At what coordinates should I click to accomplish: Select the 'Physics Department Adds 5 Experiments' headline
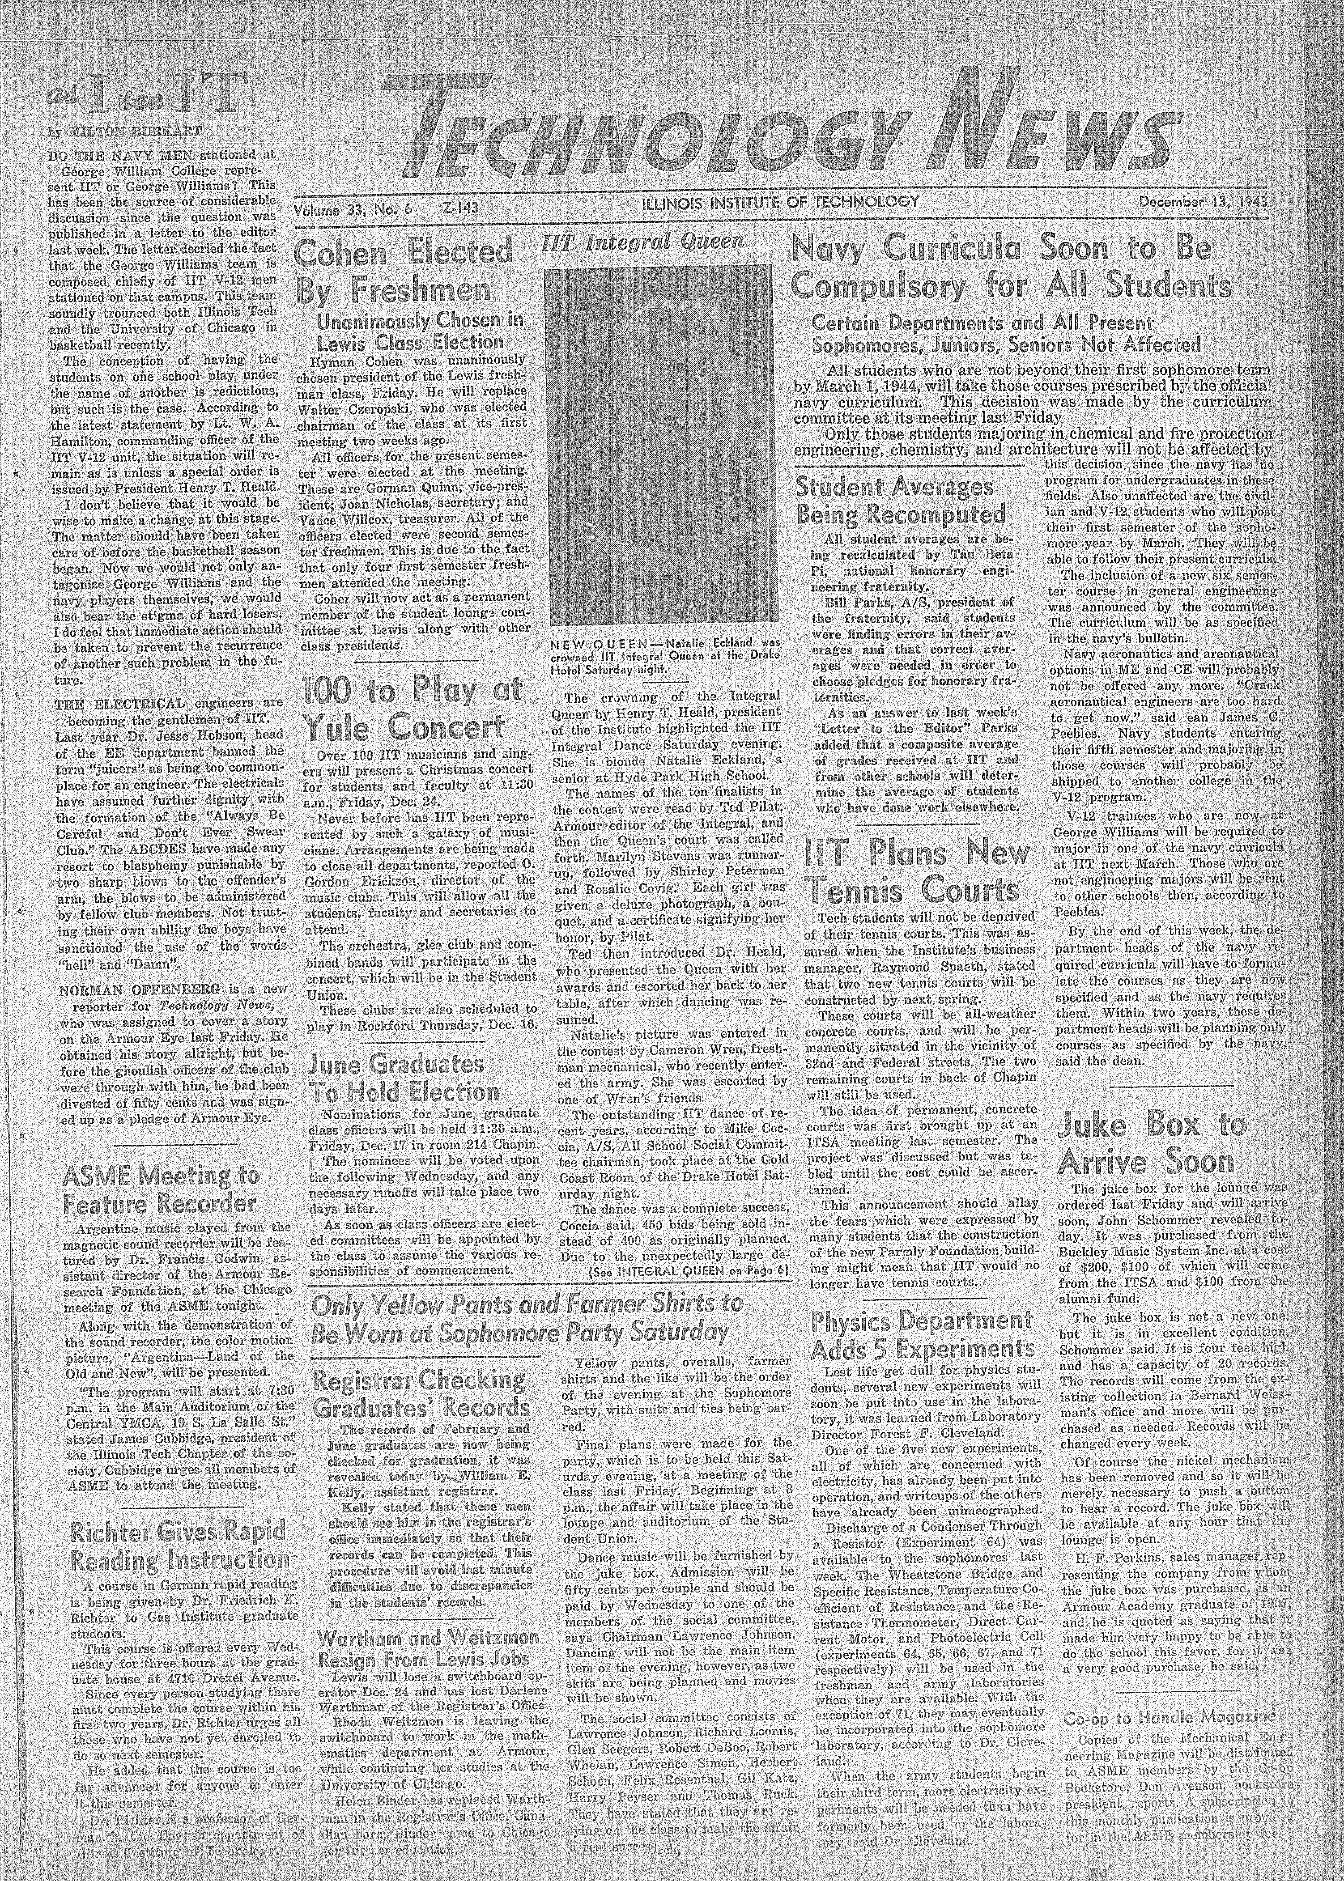click(x=923, y=1334)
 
